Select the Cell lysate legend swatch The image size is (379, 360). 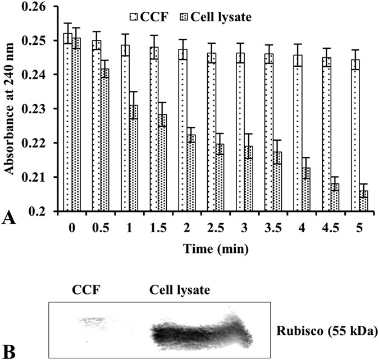point(191,17)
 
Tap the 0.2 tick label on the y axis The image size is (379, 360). point(44,212)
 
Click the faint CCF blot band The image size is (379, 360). point(91,321)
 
